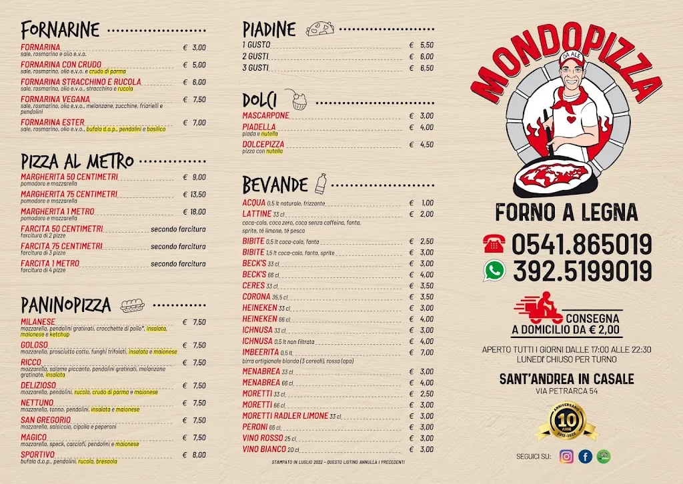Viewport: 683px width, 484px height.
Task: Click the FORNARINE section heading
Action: point(60,29)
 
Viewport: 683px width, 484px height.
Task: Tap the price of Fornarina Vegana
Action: point(194,99)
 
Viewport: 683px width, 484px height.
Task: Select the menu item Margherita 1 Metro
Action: point(57,211)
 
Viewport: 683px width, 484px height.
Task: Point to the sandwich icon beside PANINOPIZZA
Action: point(132,305)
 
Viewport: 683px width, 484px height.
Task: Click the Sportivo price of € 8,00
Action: point(194,455)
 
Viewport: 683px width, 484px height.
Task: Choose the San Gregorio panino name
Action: point(45,420)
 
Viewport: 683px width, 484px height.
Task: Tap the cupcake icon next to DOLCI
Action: point(298,100)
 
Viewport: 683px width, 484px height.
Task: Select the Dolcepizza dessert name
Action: point(263,144)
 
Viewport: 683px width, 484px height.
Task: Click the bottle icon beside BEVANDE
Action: point(321,183)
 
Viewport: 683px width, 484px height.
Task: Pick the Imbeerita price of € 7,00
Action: point(422,352)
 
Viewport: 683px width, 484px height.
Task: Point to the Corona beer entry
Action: point(256,297)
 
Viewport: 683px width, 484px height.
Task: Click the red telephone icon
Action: point(494,245)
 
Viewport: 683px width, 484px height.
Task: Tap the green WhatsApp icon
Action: point(494,270)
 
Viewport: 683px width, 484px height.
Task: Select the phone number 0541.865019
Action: point(582,245)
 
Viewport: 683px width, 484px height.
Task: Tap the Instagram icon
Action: point(566,457)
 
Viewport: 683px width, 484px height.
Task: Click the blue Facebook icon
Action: point(586,457)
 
